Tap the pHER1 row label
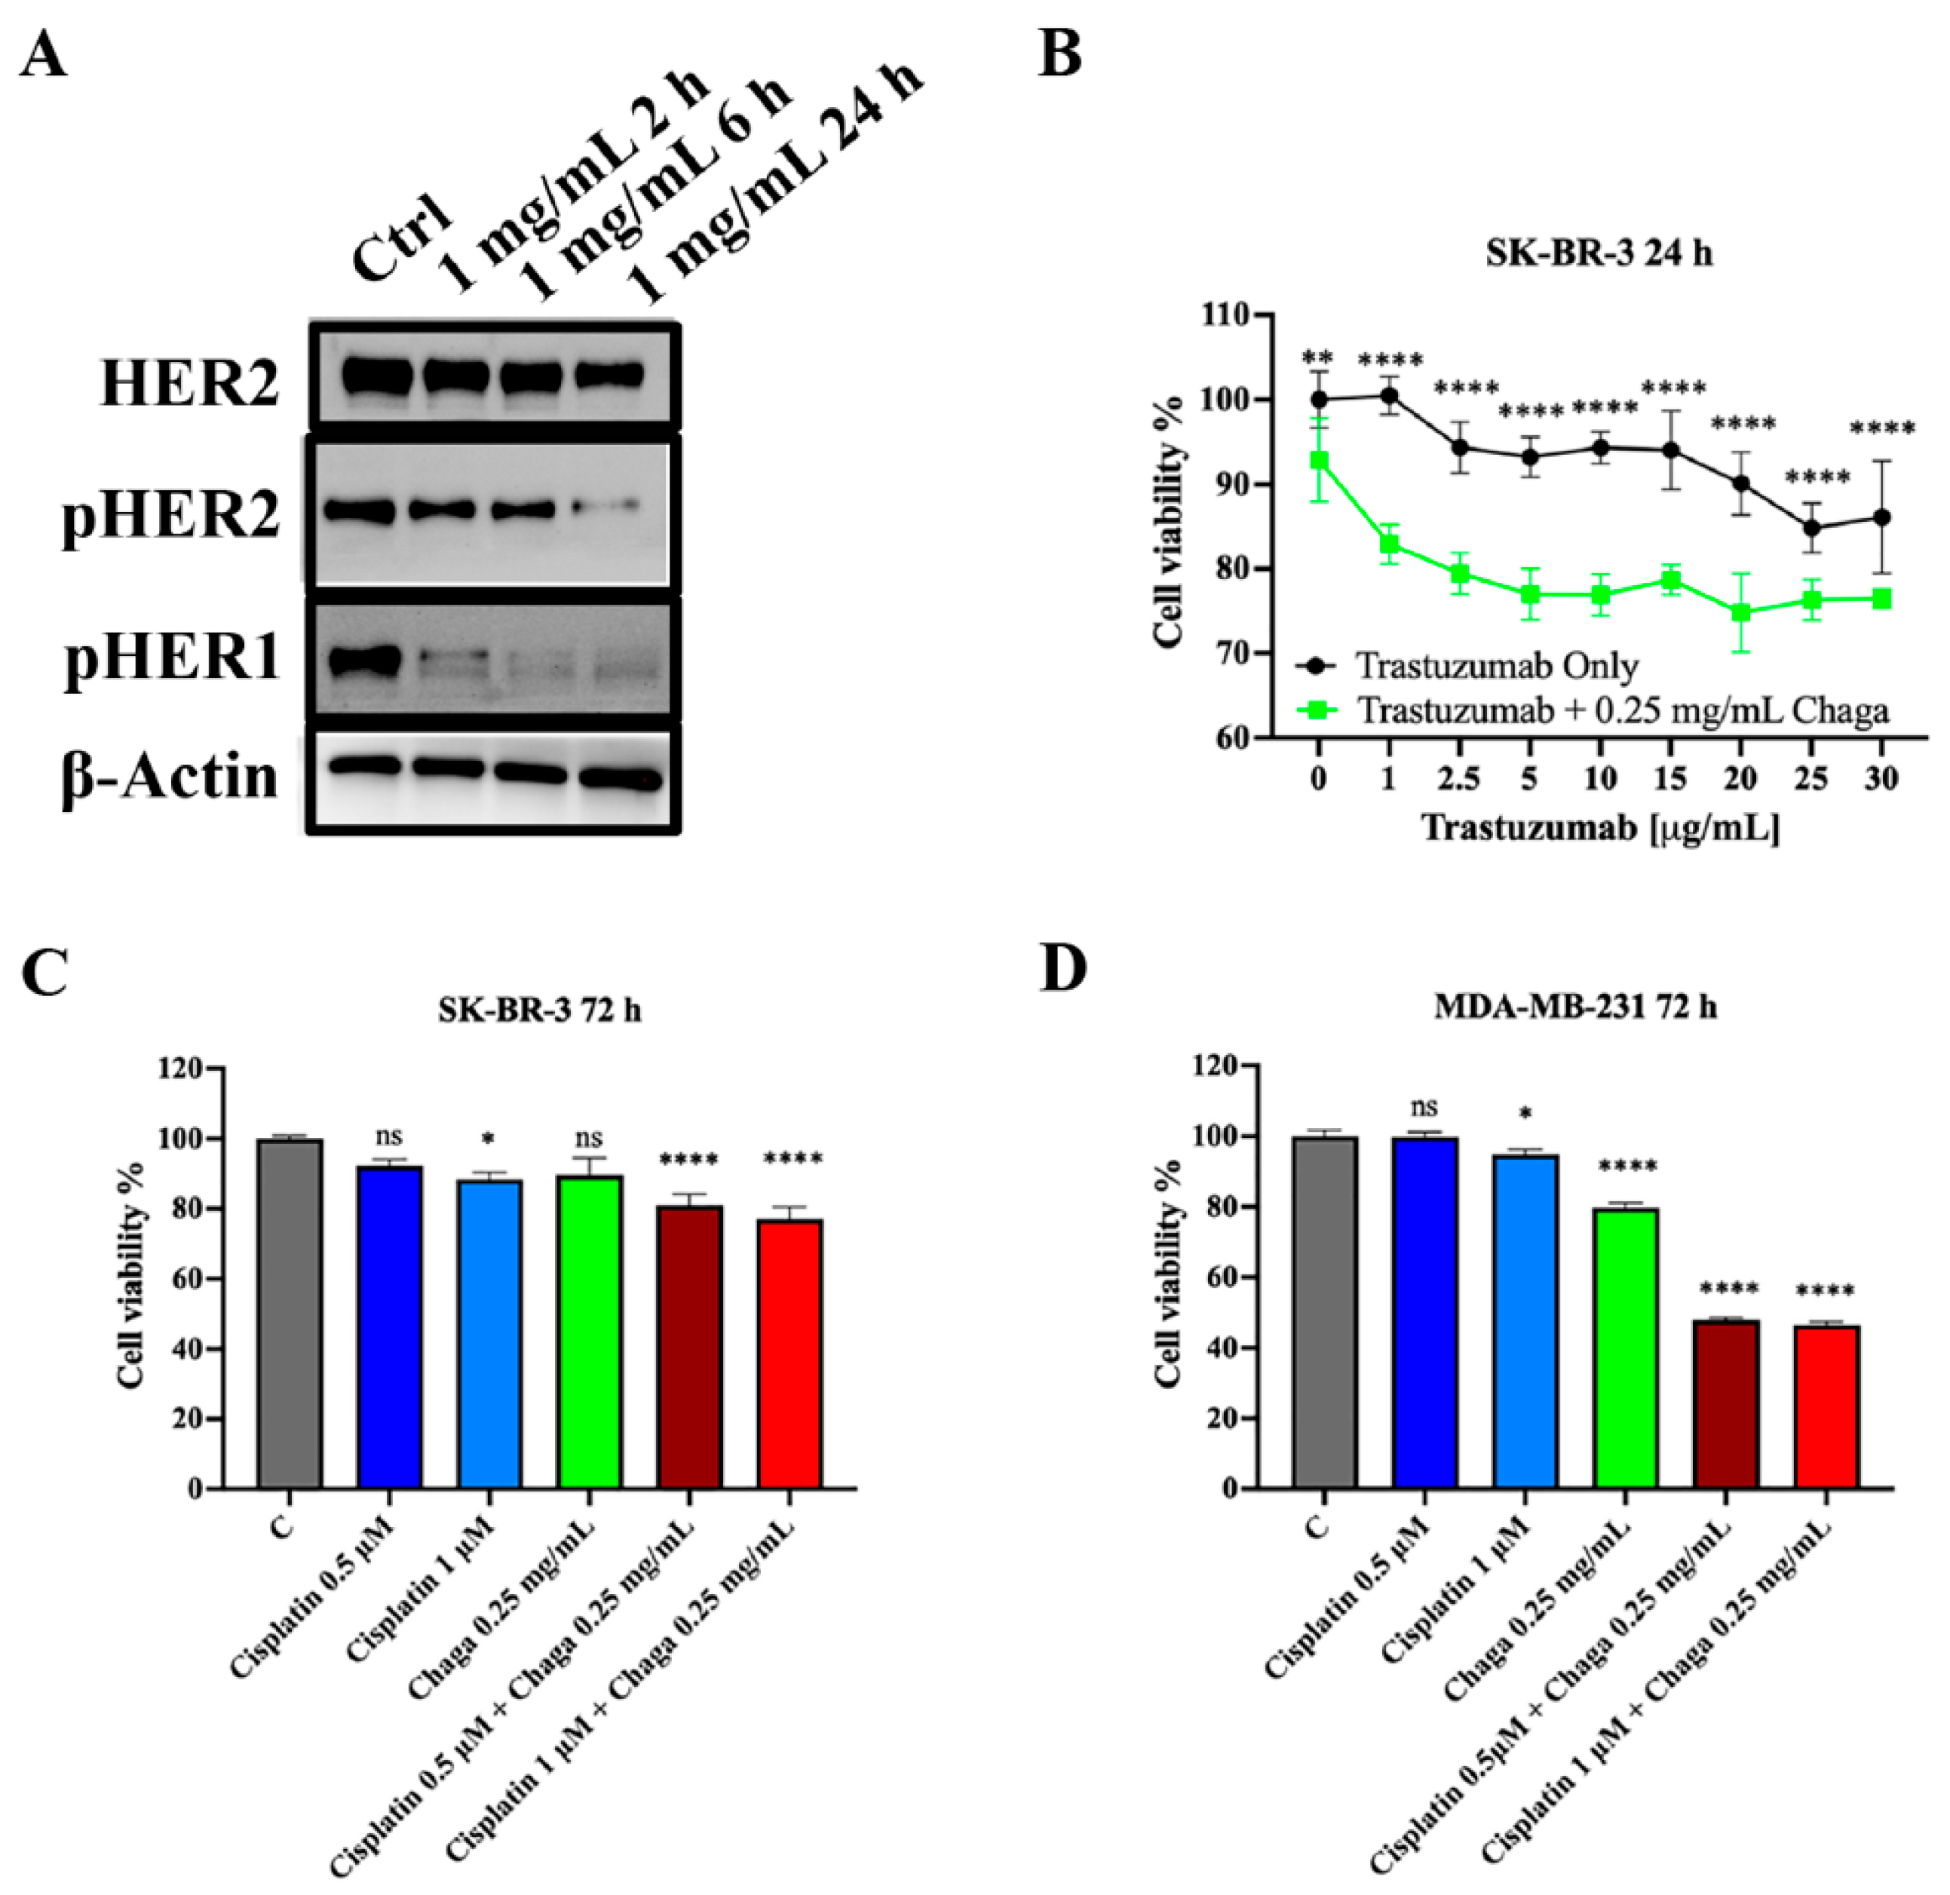(x=171, y=659)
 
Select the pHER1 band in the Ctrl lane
(x=363, y=661)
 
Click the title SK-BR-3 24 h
(x=1599, y=254)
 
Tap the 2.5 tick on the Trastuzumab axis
(x=1458, y=778)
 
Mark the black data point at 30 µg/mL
(x=1881, y=517)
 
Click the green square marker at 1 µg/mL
(x=1390, y=544)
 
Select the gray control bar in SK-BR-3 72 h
(x=290, y=1314)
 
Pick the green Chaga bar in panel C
(x=590, y=1332)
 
